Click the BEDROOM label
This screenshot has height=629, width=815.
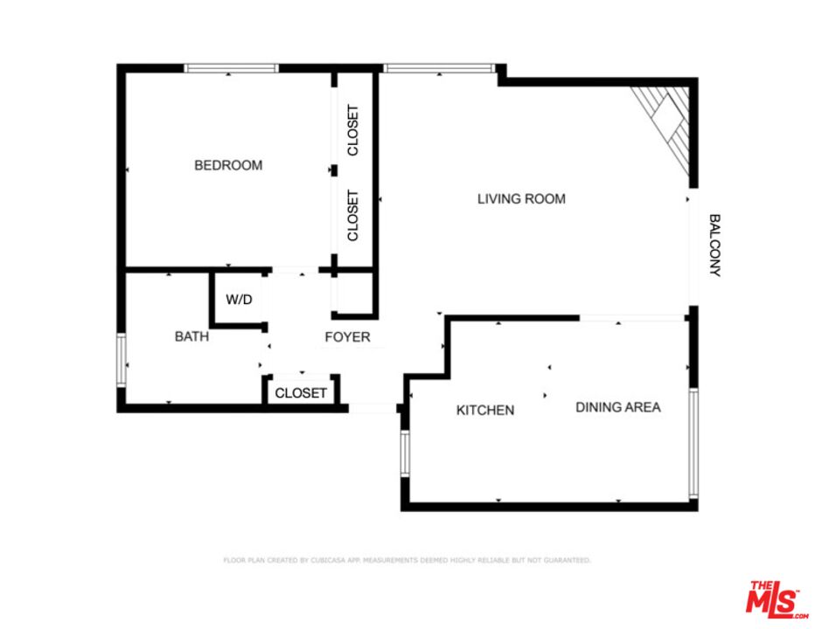click(x=227, y=165)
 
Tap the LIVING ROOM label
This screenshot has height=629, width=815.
click(x=521, y=199)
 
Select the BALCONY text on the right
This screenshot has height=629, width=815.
click(x=714, y=245)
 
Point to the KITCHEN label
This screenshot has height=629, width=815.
click(x=485, y=410)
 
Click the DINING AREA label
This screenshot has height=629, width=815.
click(x=617, y=407)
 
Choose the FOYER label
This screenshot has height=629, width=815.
click(x=347, y=337)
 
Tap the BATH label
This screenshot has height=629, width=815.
click(x=192, y=336)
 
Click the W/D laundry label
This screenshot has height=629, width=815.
click(x=239, y=300)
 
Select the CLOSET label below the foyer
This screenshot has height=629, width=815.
click(x=301, y=393)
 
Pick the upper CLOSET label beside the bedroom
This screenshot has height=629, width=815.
click(x=353, y=130)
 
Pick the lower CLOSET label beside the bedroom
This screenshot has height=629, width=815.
click(x=353, y=216)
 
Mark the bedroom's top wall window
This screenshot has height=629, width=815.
click(x=231, y=68)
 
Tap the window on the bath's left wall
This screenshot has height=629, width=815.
click(x=122, y=360)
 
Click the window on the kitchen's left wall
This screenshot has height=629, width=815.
click(x=405, y=453)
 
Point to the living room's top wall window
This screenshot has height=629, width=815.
click(x=439, y=68)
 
